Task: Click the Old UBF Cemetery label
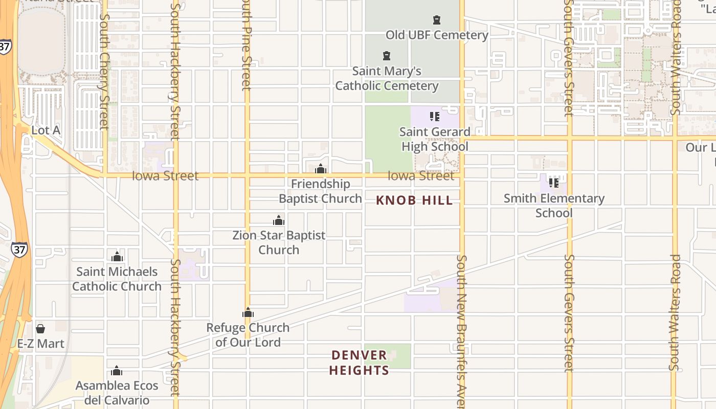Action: pyautogui.click(x=437, y=35)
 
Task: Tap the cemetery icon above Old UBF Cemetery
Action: pyautogui.click(x=437, y=20)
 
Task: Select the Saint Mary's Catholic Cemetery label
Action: pyautogui.click(x=387, y=78)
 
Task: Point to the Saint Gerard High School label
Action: pyautogui.click(x=435, y=139)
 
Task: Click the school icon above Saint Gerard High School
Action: pyautogui.click(x=435, y=117)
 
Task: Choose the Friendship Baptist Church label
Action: pyautogui.click(x=321, y=191)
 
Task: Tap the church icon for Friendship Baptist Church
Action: pyautogui.click(x=321, y=169)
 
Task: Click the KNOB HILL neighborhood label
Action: pyautogui.click(x=414, y=200)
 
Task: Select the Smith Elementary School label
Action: pyautogui.click(x=554, y=206)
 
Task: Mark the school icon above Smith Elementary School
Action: pyautogui.click(x=553, y=183)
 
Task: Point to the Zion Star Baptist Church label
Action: pyautogui.click(x=279, y=243)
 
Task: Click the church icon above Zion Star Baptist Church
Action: pyautogui.click(x=279, y=220)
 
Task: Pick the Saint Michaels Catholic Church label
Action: pyautogui.click(x=117, y=279)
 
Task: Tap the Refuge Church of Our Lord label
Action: pyautogui.click(x=248, y=335)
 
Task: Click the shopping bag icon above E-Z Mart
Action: pyautogui.click(x=40, y=328)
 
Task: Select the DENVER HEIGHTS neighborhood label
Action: pyautogui.click(x=359, y=362)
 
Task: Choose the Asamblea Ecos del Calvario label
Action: pyautogui.click(x=117, y=393)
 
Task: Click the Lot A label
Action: pyautogui.click(x=46, y=130)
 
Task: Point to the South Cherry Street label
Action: pyautogui.click(x=104, y=72)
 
